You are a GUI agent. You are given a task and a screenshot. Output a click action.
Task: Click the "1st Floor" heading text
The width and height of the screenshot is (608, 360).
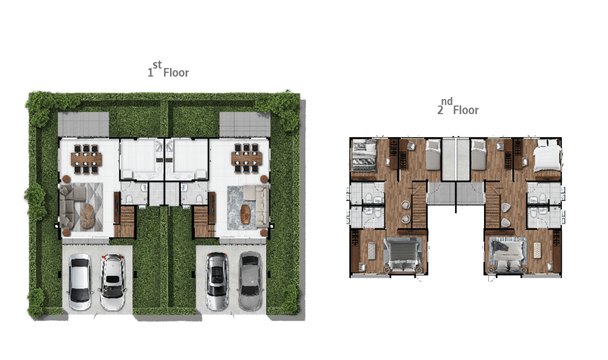point(168,69)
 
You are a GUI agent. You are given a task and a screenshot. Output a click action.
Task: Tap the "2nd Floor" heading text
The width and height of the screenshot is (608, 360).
point(458,106)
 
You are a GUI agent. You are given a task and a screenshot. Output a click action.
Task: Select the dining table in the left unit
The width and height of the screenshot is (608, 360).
point(86,159)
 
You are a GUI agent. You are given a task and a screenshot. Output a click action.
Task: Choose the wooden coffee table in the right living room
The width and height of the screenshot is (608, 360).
point(245,214)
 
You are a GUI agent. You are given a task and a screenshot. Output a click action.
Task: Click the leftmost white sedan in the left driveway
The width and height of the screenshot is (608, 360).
point(80,282)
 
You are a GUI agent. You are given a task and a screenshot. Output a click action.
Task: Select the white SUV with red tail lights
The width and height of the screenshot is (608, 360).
point(113,282)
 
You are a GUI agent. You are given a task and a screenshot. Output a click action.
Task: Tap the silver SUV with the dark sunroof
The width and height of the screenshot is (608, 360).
point(217,281)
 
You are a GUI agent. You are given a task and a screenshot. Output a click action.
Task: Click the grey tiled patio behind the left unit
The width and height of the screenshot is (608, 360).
point(83,124)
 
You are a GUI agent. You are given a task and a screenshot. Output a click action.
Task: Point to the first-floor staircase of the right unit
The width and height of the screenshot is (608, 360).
point(202,221)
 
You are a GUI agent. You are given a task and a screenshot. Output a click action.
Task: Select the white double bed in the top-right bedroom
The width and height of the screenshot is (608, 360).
point(547,155)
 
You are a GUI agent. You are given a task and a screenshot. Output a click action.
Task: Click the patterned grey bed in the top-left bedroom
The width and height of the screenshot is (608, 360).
point(364,155)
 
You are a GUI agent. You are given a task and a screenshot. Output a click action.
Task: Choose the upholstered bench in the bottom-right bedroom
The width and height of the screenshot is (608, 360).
point(538,250)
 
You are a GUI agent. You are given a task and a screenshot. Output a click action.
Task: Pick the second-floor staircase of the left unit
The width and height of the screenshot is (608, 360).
point(419,205)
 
